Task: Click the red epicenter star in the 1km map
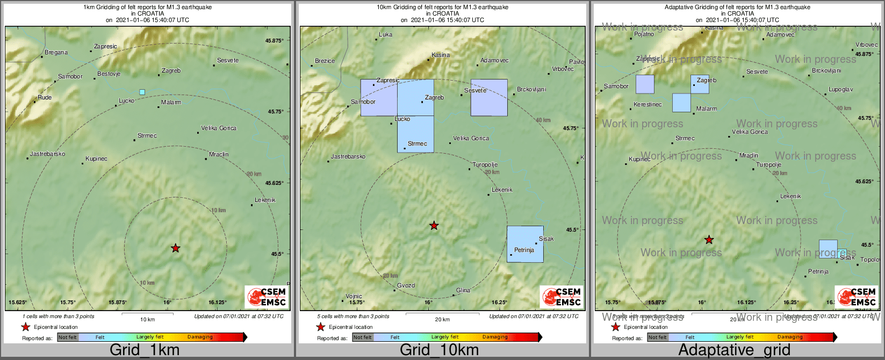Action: coord(176,248)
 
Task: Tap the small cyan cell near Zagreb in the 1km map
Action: coord(142,92)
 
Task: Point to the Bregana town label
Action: coord(56,53)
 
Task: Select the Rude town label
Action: coord(45,98)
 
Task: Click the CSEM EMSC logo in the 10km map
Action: coord(562,297)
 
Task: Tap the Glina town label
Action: coord(463,291)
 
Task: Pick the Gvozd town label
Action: coord(406,286)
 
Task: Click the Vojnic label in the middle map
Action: coord(354,297)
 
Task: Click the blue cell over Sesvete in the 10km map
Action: coord(489,98)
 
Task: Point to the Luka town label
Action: coord(385,35)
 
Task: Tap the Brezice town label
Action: coord(325,61)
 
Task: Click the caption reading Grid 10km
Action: coord(439,350)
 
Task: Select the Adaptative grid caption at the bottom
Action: coord(734,350)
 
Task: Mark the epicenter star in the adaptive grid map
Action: coord(709,240)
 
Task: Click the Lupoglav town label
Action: coord(840,90)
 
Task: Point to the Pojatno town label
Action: coord(644,34)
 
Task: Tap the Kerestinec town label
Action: coord(647,105)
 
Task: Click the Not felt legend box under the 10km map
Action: coord(363,337)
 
